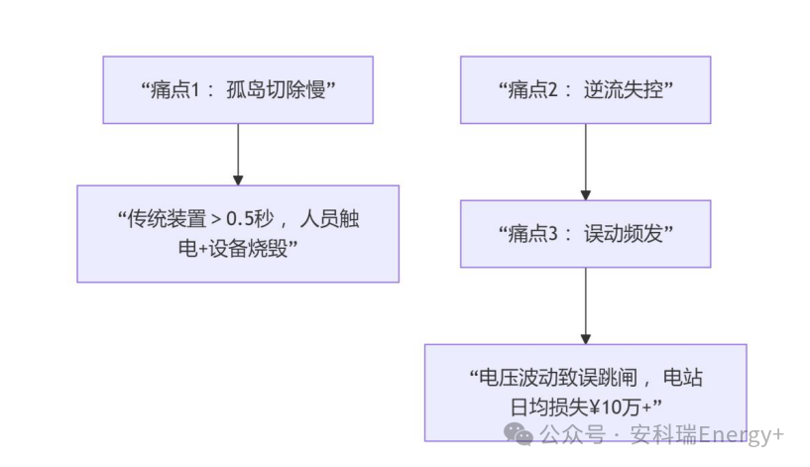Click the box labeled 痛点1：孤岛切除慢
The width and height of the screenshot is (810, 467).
[238, 90]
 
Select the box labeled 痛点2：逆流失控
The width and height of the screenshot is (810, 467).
[585, 90]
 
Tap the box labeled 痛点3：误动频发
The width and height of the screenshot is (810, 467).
[585, 234]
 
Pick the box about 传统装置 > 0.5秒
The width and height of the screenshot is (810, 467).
[238, 234]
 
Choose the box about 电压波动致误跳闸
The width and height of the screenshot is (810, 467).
[585, 392]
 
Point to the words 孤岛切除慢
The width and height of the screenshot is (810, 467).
[281, 90]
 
